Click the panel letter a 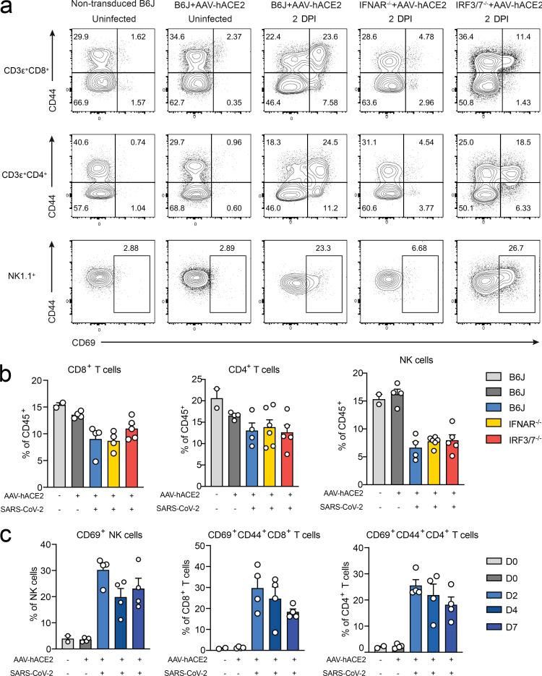pyautogui.click(x=7, y=9)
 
